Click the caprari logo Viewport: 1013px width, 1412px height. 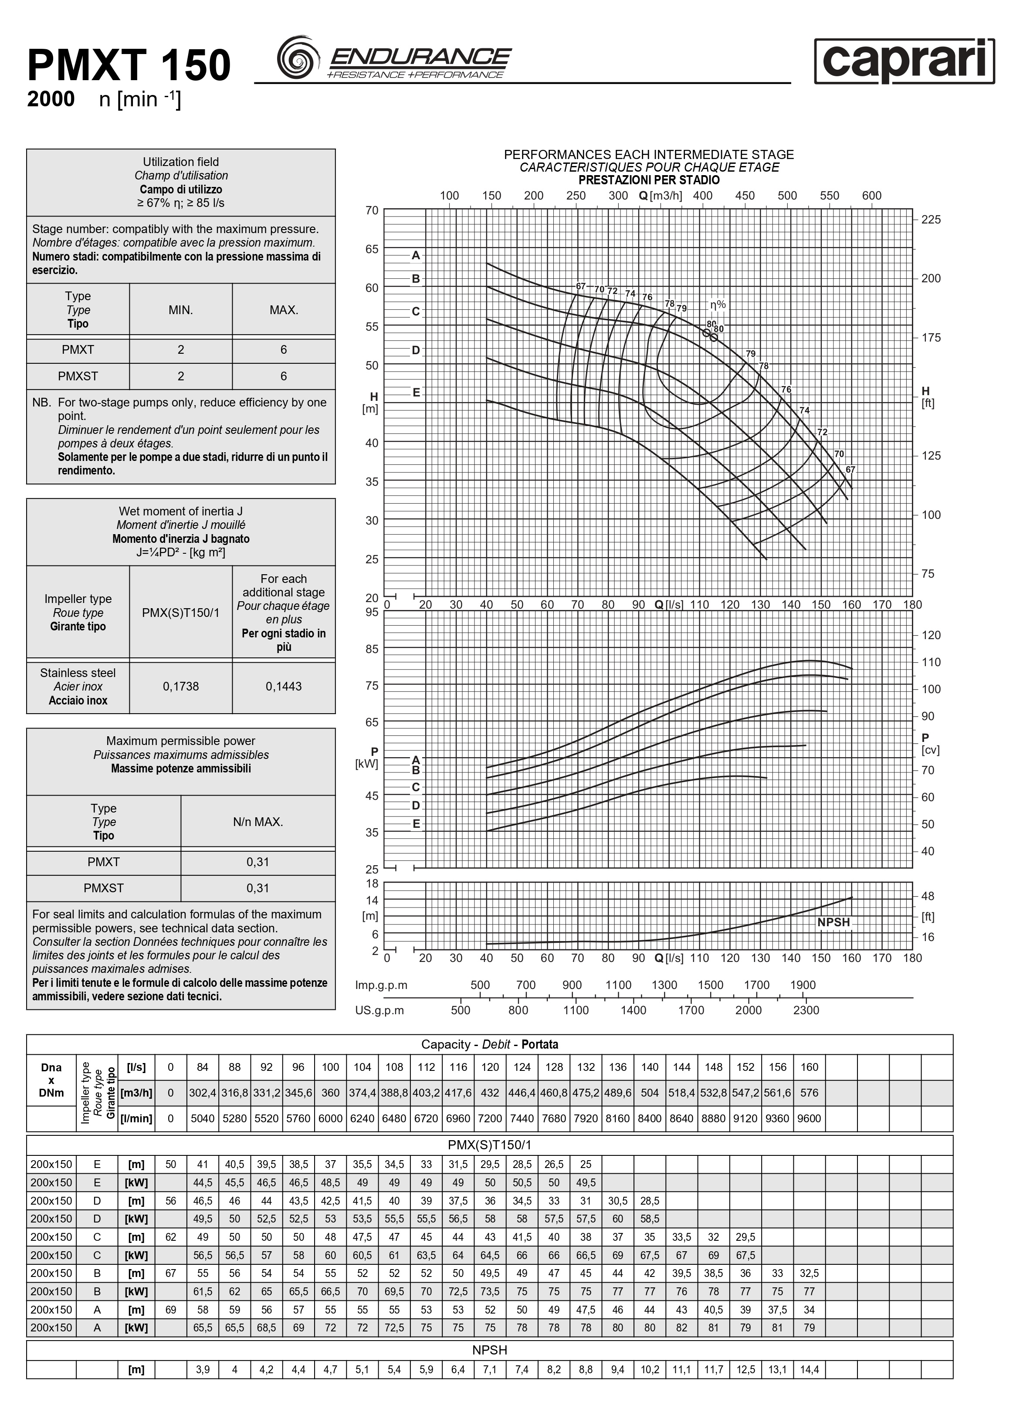click(904, 61)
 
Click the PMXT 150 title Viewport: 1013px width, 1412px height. click(129, 66)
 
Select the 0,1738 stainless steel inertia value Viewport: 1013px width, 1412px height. click(180, 686)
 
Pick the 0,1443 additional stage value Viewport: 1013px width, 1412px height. click(283, 686)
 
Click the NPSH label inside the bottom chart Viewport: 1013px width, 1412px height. click(833, 922)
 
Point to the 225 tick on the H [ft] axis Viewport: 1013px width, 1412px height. click(931, 219)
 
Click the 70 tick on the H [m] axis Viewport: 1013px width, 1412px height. click(372, 210)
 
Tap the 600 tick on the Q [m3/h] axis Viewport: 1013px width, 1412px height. click(872, 196)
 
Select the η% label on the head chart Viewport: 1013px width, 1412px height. click(718, 305)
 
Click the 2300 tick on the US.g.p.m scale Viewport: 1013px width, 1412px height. click(806, 1010)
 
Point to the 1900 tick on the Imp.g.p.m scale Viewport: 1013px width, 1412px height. click(803, 985)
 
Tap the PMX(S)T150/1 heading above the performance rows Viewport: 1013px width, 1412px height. click(489, 1145)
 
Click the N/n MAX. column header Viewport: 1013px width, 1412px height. click(258, 822)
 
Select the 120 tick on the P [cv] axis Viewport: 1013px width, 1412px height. click(931, 635)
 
